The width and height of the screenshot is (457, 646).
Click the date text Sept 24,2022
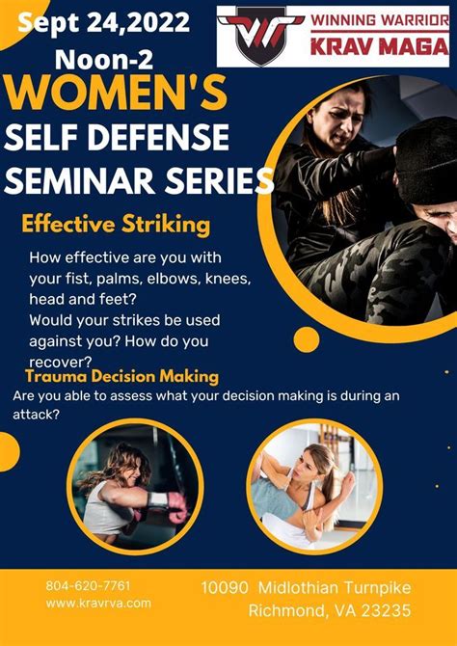tap(104, 23)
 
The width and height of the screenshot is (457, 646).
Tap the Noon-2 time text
tap(104, 60)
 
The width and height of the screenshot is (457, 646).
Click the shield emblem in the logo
tap(260, 37)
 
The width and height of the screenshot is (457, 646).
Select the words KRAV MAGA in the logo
tap(380, 45)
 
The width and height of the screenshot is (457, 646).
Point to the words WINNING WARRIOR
tap(380, 20)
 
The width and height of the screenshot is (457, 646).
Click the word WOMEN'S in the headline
tap(117, 92)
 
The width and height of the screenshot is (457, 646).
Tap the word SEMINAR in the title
tap(84, 179)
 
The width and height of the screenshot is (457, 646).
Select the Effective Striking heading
tap(116, 226)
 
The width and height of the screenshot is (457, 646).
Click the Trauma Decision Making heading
tap(122, 377)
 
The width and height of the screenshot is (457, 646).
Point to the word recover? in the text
tap(60, 362)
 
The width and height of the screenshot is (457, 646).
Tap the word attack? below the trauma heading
tap(37, 415)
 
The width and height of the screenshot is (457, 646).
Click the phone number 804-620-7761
tap(88, 585)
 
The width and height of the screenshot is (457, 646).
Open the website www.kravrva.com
tap(98, 604)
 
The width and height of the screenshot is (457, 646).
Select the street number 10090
tap(225, 587)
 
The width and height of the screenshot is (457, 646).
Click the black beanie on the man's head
tap(426, 161)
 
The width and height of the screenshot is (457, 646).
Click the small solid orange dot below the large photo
tap(307, 339)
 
